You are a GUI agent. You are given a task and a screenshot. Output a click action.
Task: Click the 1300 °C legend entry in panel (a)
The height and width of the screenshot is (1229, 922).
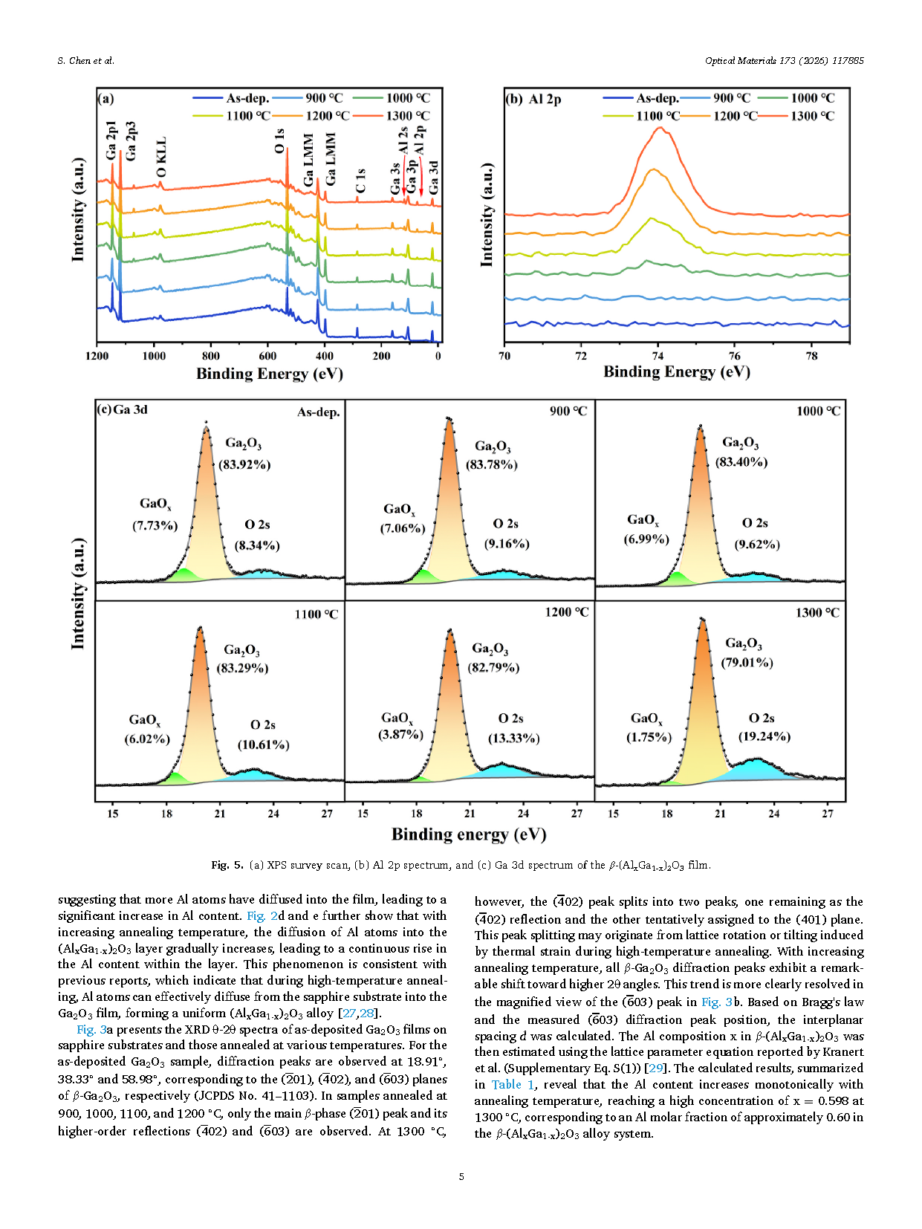click(x=404, y=116)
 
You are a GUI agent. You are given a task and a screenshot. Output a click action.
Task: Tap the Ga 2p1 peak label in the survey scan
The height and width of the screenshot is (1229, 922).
click(x=111, y=140)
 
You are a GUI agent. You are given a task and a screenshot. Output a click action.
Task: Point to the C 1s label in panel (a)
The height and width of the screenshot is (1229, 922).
click(x=361, y=181)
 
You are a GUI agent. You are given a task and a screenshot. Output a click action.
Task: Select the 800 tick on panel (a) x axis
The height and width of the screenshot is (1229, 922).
click(x=211, y=356)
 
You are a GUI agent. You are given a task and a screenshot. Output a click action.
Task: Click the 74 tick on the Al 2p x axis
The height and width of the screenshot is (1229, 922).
click(x=658, y=356)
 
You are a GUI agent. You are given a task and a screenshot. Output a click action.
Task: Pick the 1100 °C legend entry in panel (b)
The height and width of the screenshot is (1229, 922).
click(x=658, y=116)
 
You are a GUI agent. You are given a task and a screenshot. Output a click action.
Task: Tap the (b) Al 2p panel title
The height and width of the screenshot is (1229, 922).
click(x=533, y=99)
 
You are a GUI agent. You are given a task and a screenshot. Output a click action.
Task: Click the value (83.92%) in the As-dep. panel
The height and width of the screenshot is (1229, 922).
click(x=244, y=465)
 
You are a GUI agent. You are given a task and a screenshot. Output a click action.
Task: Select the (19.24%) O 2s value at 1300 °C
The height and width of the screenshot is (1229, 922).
click(x=764, y=736)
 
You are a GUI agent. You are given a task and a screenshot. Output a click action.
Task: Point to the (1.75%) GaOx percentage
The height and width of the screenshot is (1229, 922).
click(x=649, y=737)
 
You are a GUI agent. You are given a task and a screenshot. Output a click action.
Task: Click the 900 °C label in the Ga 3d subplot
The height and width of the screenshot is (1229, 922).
click(x=568, y=411)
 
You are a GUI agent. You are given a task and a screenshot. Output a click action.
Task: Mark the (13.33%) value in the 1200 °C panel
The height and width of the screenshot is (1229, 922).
click(x=513, y=738)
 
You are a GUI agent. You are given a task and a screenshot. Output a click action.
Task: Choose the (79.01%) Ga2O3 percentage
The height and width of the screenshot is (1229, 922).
click(x=747, y=662)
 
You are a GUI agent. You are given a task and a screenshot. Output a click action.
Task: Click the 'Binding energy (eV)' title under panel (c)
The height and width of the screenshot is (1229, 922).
click(x=469, y=834)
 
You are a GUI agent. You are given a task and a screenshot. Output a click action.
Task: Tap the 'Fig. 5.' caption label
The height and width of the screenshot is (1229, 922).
click(x=227, y=865)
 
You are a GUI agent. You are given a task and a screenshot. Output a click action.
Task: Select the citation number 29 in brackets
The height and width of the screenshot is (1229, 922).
click(x=655, y=1069)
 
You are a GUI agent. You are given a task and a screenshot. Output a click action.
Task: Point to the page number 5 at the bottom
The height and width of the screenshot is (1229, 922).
click(x=461, y=1176)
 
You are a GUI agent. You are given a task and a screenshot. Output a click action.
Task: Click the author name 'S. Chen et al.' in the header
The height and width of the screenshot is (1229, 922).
click(x=85, y=61)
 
